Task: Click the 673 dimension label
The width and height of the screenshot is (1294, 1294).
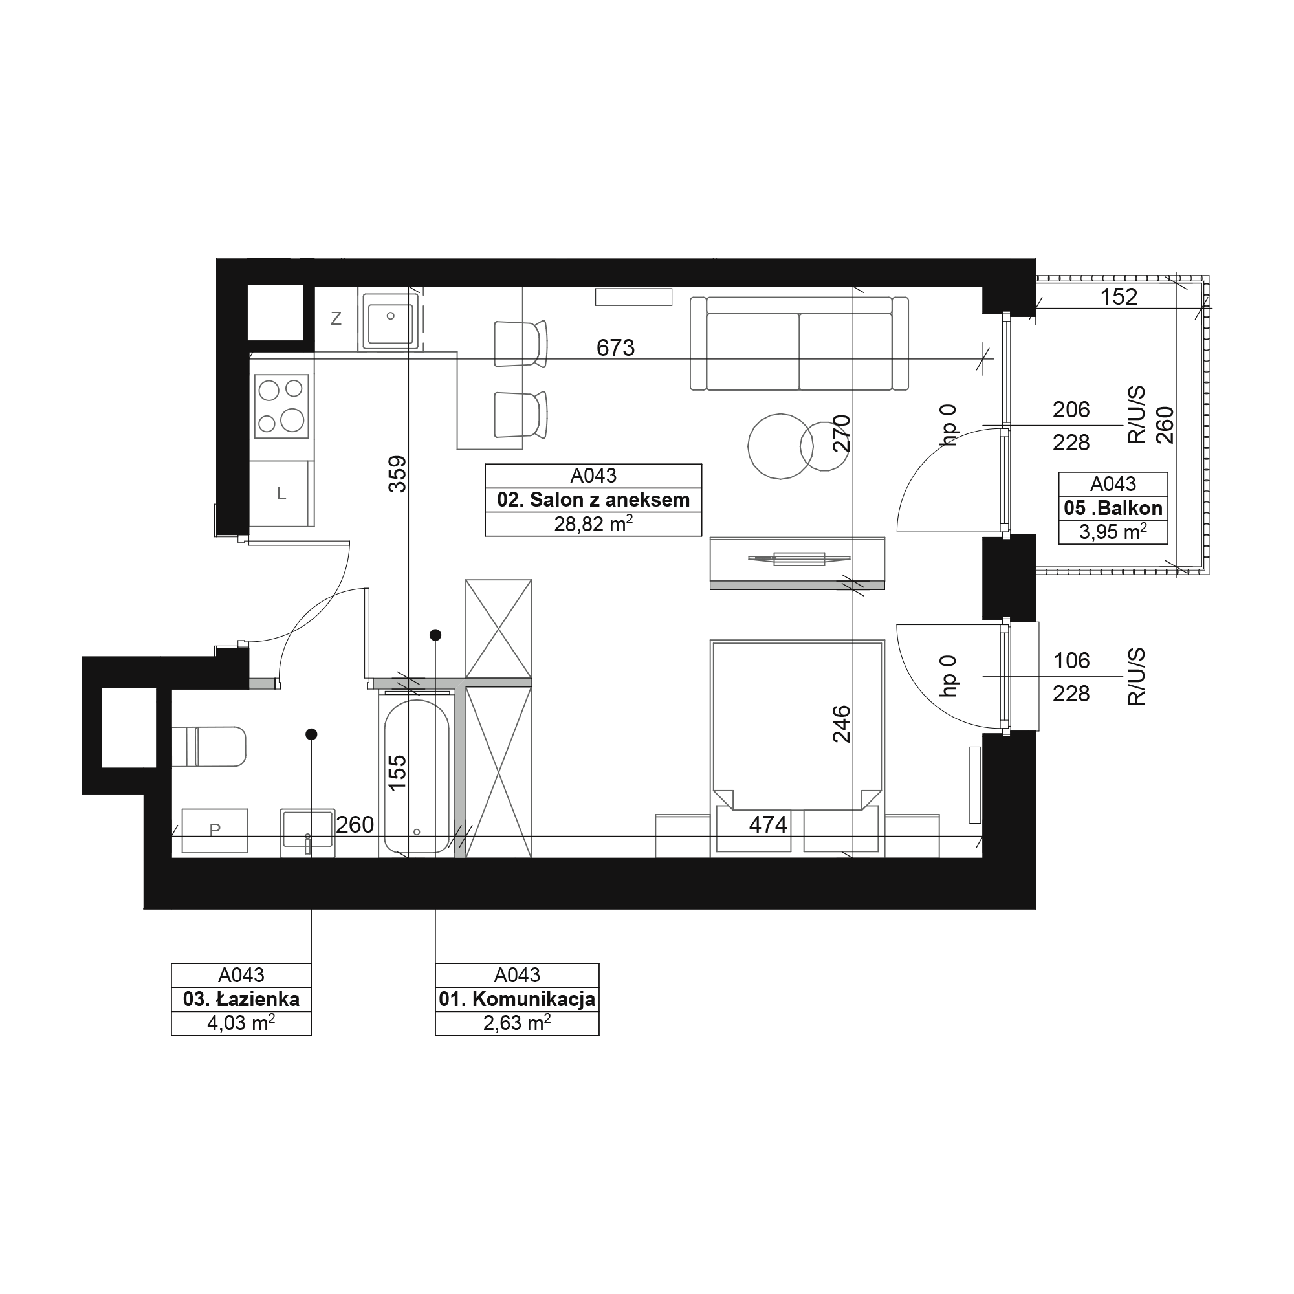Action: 615,347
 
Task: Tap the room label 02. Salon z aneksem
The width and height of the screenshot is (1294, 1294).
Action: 593,499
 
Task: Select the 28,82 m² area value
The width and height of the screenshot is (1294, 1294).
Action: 593,524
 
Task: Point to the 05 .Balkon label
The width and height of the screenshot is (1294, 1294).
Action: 1113,508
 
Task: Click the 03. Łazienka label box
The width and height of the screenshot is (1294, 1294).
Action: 241,1000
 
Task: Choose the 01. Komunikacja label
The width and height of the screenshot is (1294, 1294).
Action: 517,1000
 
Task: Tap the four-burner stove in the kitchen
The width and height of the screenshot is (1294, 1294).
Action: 282,406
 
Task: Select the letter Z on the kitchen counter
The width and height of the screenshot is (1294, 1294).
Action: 336,319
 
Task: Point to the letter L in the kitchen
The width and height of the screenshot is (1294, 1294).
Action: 281,494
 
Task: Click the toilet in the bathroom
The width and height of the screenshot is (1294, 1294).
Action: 209,746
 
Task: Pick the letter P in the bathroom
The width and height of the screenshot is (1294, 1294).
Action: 215,830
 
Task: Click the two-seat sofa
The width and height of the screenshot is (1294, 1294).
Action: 800,344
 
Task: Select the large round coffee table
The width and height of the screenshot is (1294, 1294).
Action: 780,446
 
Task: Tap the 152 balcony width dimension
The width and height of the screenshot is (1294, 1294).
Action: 1119,297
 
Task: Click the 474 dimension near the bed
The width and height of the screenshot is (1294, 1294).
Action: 767,824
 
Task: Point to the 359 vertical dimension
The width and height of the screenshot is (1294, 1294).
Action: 398,474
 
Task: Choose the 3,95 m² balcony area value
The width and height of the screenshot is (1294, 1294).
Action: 1113,532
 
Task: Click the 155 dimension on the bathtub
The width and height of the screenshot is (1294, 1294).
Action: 398,773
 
